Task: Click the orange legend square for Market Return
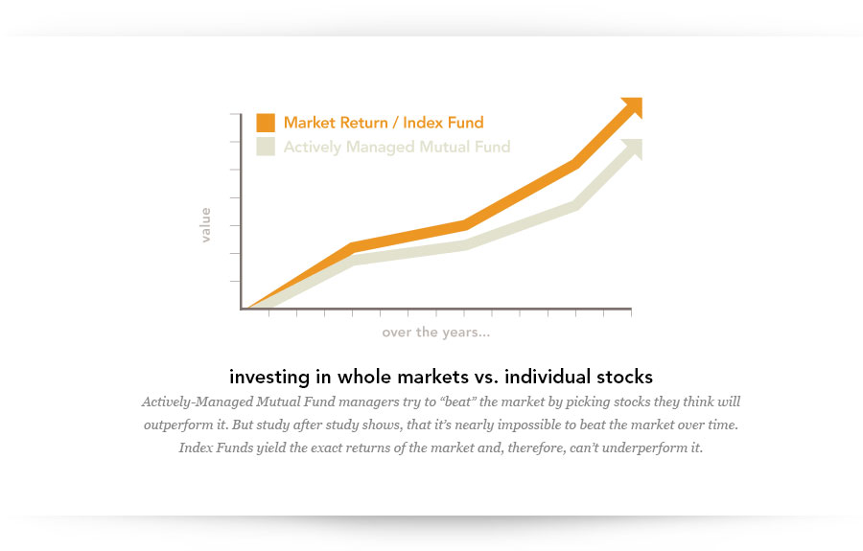[266, 123]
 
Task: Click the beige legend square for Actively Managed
[266, 147]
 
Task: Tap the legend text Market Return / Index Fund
[384, 123]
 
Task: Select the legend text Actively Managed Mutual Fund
[397, 147]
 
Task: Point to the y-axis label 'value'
[205, 225]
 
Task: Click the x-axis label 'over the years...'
[436, 333]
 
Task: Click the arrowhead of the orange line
[631, 107]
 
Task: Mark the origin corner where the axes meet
[240, 309]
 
